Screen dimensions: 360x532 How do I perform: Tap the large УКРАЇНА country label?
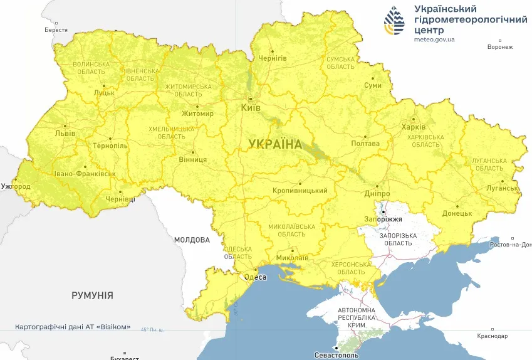click(x=275, y=144)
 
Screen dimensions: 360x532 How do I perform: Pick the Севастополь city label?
click(x=337, y=355)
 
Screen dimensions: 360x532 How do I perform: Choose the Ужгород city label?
click(x=16, y=187)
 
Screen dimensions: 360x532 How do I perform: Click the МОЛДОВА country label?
click(x=191, y=240)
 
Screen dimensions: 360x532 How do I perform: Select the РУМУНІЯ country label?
click(x=92, y=295)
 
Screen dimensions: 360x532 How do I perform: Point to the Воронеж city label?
click(x=499, y=47)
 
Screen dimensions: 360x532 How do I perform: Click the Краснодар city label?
click(x=492, y=336)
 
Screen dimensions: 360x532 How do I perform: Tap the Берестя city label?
click(x=56, y=29)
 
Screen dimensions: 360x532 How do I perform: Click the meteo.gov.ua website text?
click(x=434, y=39)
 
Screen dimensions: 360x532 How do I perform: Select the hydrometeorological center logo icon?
click(x=394, y=22)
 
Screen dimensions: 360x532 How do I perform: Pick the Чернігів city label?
click(x=273, y=58)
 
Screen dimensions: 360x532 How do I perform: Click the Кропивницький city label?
click(x=300, y=191)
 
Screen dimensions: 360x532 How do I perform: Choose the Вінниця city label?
click(x=193, y=160)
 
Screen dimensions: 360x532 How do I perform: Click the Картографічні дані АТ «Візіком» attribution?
click(x=73, y=327)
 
